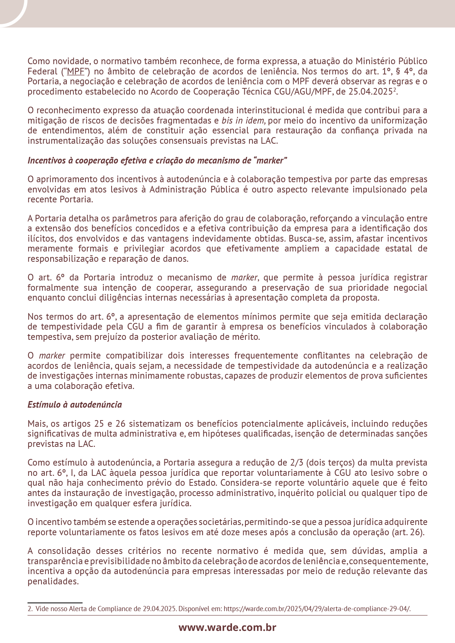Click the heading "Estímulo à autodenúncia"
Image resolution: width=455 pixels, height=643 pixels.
(75, 405)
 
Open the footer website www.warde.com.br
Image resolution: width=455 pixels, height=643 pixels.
(227, 627)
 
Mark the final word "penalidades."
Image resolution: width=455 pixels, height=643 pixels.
(53, 581)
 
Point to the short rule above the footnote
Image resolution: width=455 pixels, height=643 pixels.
(55, 602)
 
